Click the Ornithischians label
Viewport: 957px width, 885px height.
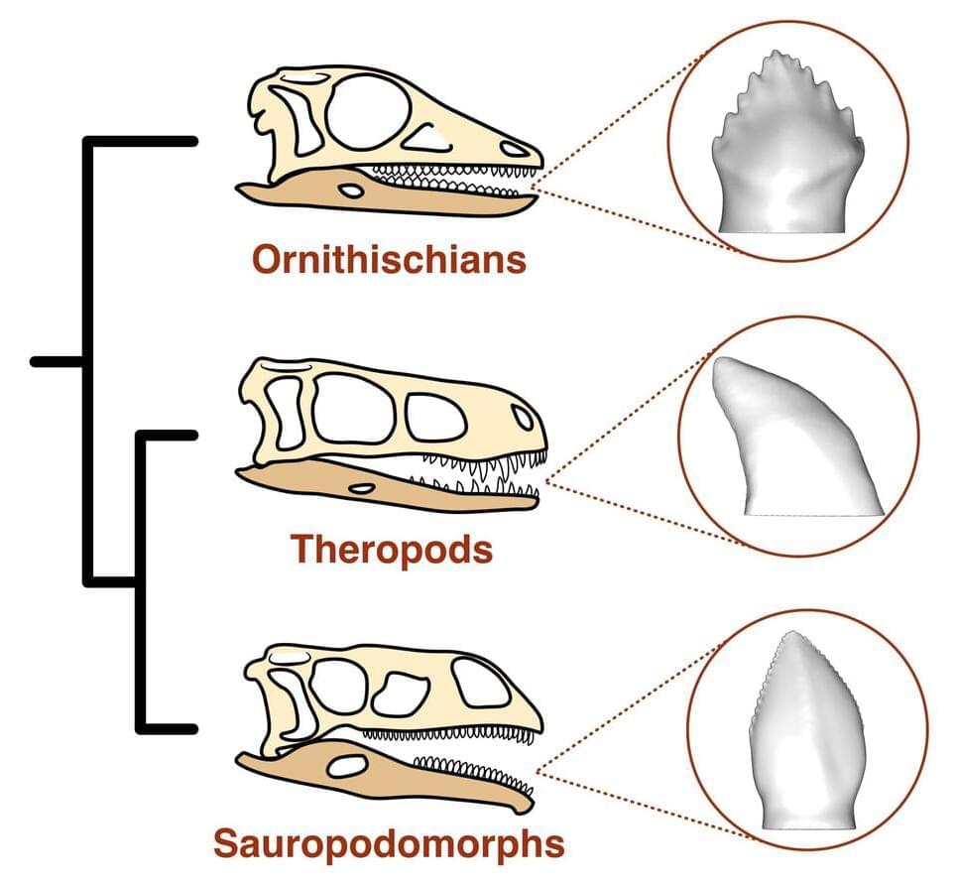point(388,260)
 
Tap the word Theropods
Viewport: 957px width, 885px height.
point(391,549)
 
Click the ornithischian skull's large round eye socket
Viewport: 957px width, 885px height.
point(367,112)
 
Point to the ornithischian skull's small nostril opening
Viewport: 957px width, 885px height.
point(514,149)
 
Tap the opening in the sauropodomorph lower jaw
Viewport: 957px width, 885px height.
point(347,766)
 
